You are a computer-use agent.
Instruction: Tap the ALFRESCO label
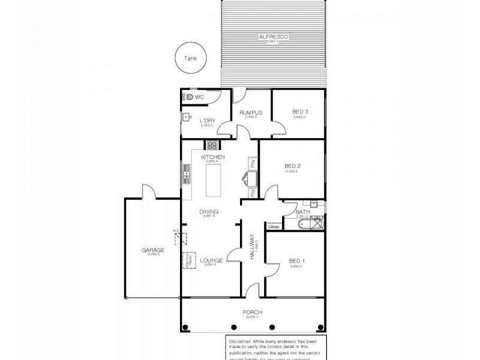coord(274,37)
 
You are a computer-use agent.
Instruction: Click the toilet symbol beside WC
coord(188,97)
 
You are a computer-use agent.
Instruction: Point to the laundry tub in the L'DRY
coord(187,116)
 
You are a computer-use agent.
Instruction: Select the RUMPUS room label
coord(249,112)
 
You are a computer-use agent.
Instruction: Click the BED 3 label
coord(301,112)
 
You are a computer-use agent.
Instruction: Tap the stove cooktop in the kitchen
coord(212,145)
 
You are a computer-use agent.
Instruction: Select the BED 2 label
coord(292,166)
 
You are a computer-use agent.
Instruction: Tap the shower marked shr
coord(317,210)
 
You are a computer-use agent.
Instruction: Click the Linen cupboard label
coord(274,227)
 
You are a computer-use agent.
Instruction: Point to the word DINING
coord(209,211)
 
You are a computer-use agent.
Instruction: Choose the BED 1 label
coord(297,260)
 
